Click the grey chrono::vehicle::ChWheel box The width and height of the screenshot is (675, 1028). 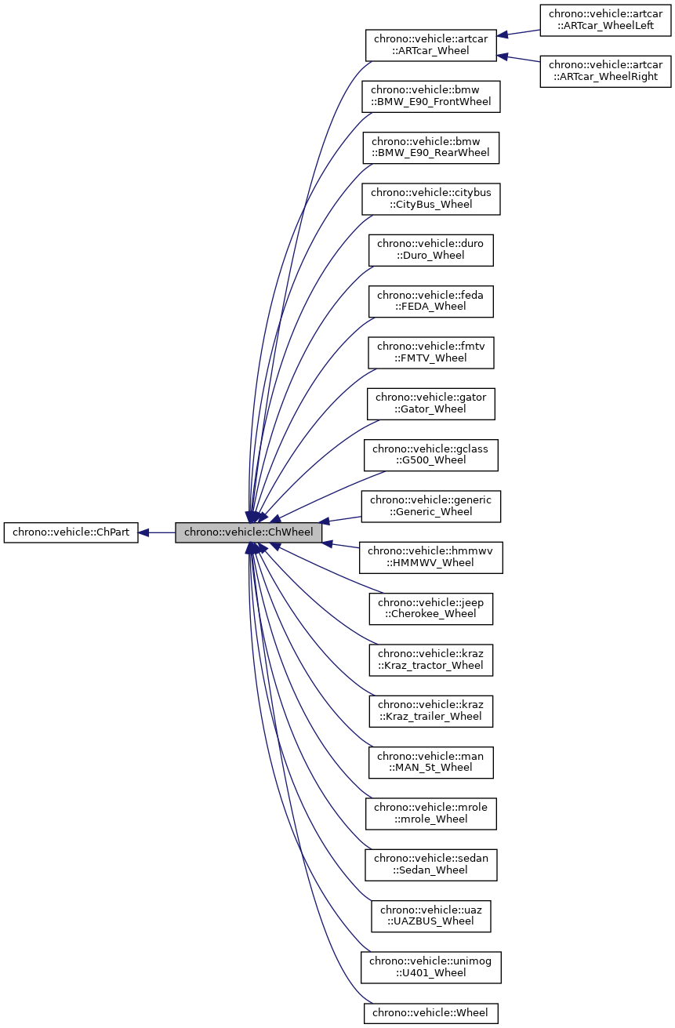pyautogui.click(x=249, y=532)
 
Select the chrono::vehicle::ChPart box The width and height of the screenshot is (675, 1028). pyautogui.click(x=71, y=532)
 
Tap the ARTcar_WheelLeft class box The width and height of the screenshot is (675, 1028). pyautogui.click(x=606, y=20)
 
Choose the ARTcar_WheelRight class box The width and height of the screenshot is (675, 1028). pyautogui.click(x=606, y=71)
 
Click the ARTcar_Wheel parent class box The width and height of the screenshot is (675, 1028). pyautogui.click(x=431, y=45)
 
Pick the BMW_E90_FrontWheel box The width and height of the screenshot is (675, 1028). pyautogui.click(x=430, y=96)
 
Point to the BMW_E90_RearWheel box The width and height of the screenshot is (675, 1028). pyautogui.click(x=430, y=147)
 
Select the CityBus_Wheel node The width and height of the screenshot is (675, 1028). pyautogui.click(x=430, y=199)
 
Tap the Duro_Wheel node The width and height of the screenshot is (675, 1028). pyautogui.click(x=430, y=250)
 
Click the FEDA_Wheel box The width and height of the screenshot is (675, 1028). pyautogui.click(x=430, y=301)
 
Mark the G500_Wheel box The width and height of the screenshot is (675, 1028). pyautogui.click(x=430, y=455)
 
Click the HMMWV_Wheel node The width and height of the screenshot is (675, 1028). pyautogui.click(x=431, y=558)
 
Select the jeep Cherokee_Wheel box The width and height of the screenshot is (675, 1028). pyautogui.click(x=430, y=608)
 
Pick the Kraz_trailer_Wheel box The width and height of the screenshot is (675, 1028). pyautogui.click(x=430, y=711)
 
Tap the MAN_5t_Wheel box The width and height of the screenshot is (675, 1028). pyautogui.click(x=430, y=762)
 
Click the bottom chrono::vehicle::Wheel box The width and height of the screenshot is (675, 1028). pyautogui.click(x=430, y=1012)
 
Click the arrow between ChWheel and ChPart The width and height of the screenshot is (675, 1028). pyautogui.click(x=157, y=532)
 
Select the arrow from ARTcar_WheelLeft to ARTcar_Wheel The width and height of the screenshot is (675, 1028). pyautogui.click(x=518, y=32)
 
